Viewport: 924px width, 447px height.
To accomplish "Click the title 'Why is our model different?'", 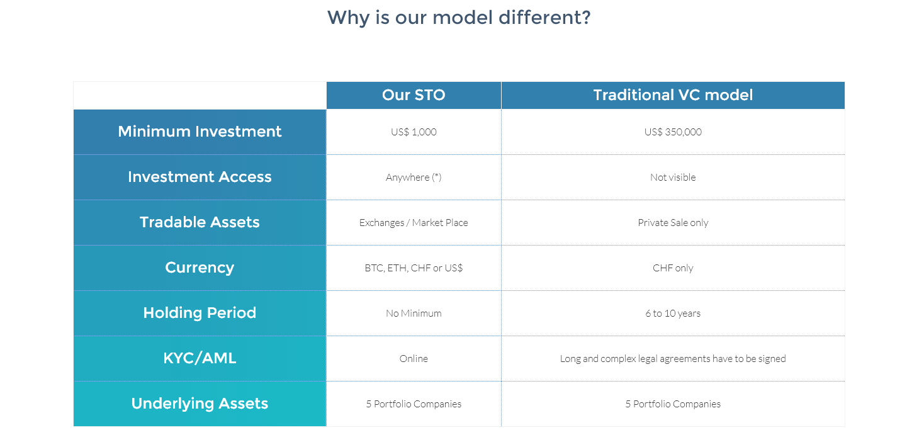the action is [459, 18].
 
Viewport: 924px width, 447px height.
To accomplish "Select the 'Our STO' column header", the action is [414, 95].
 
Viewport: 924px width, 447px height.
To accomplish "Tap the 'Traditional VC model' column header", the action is [673, 95].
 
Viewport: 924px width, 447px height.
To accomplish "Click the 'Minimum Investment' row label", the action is [200, 132].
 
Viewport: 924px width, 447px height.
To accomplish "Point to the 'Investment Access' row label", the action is [200, 177].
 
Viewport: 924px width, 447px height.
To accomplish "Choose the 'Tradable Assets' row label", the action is [200, 222].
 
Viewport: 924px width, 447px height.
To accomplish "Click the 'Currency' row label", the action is [200, 268].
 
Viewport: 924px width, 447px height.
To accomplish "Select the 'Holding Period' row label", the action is [200, 313].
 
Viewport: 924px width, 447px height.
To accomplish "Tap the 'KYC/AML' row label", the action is [200, 358].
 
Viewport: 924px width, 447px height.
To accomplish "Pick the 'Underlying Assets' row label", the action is [200, 404].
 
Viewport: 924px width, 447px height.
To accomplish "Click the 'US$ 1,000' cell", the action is [414, 132].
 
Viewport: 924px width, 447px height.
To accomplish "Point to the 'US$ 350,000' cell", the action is [673, 132].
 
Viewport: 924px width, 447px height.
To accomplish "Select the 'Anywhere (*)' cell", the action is [414, 178].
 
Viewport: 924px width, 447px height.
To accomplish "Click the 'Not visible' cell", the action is [673, 178].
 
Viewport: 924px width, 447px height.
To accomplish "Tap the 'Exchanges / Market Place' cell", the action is [414, 223].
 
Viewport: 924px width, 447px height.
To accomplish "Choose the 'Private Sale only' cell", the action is [673, 223].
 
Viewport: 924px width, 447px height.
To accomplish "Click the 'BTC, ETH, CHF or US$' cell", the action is [414, 268].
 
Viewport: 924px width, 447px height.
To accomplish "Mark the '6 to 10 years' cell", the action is [673, 314].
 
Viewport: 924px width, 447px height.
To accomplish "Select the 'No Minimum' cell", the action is [414, 314].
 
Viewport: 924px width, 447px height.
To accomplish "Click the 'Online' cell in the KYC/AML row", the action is [414, 359].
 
